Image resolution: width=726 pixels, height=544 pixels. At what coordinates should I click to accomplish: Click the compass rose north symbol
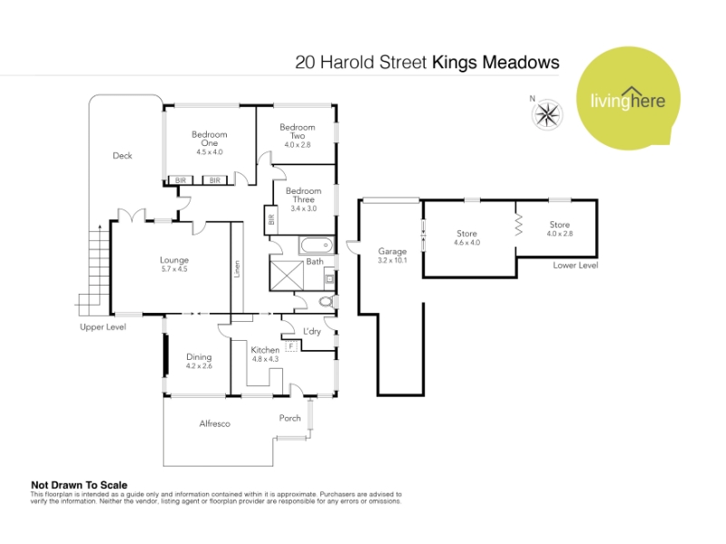tap(547, 114)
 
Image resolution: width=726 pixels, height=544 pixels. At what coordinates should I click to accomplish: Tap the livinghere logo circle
tap(628, 98)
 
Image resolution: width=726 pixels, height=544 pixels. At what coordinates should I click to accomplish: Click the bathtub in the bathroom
tap(316, 245)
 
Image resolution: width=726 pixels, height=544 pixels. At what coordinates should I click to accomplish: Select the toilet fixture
tap(328, 302)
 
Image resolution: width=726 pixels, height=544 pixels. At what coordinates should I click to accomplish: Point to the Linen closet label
tap(237, 268)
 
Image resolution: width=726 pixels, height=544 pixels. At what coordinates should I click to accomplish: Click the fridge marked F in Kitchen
tap(291, 345)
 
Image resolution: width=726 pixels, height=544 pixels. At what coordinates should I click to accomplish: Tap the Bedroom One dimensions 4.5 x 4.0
tap(210, 151)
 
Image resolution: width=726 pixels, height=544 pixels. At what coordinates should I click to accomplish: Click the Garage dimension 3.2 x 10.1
tap(392, 260)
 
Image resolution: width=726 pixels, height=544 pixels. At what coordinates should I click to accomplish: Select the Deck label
tap(123, 156)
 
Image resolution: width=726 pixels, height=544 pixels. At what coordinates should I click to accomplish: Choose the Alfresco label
tap(214, 423)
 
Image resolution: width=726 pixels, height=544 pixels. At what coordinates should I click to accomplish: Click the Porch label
tap(289, 418)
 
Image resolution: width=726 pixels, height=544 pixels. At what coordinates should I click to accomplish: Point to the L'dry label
tap(311, 331)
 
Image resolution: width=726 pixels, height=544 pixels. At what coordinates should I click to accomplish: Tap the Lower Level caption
tap(575, 266)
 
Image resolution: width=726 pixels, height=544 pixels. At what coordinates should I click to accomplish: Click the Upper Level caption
tap(103, 327)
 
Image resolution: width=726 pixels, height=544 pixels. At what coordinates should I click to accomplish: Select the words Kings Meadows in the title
tap(495, 63)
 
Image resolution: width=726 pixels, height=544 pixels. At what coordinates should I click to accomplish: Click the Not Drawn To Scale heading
tap(79, 485)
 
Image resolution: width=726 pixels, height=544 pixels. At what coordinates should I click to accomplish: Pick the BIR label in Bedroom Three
tap(271, 219)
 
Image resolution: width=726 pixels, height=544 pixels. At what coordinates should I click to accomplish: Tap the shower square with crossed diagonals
tap(287, 276)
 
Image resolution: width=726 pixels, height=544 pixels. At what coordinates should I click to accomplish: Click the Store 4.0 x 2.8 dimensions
tap(560, 234)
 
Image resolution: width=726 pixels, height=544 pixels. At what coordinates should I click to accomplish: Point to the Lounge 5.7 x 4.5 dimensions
tap(174, 268)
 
